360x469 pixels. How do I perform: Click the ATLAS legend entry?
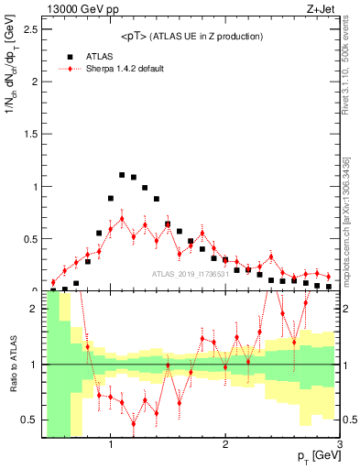pos(101,55)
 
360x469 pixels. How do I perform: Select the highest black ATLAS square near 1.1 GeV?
pos(122,174)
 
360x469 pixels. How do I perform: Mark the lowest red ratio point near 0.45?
pos(134,423)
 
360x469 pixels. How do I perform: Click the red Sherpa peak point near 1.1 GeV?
pos(122,218)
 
